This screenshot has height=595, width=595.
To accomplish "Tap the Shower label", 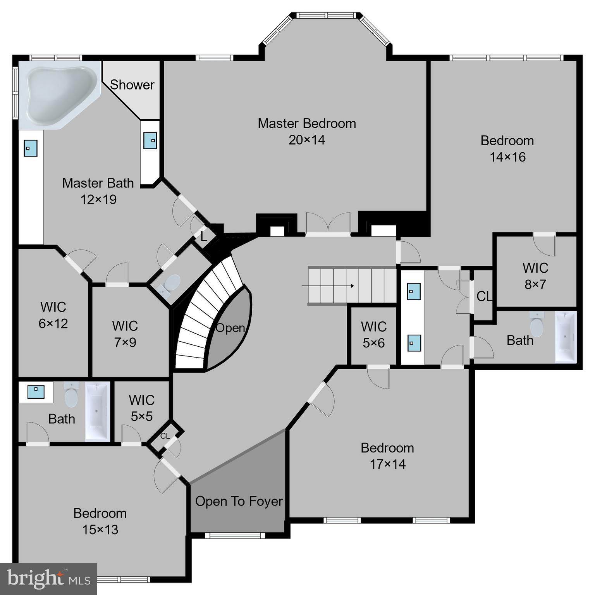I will (x=132, y=85).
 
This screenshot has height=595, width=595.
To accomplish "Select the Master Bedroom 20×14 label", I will (x=306, y=131).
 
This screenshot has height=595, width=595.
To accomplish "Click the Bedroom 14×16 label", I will (x=507, y=148).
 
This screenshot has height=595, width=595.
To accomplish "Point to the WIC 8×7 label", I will (x=535, y=276).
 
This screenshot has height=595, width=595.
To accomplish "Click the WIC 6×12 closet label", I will (x=53, y=315).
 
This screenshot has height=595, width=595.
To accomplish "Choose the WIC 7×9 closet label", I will (x=125, y=334).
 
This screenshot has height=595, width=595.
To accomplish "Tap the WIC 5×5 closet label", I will (x=141, y=408).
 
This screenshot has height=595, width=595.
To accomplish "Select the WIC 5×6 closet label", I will (x=373, y=335).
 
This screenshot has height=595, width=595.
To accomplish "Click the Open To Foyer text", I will (x=239, y=501).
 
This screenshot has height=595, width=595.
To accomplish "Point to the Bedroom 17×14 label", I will (x=387, y=456).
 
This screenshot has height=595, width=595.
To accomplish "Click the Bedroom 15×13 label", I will (x=100, y=521).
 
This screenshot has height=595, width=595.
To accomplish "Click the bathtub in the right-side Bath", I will (x=566, y=337).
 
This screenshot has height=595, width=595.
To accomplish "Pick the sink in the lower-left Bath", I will (x=36, y=391).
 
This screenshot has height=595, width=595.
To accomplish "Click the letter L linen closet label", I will (x=204, y=237).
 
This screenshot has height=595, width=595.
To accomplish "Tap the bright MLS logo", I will (x=48, y=579).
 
